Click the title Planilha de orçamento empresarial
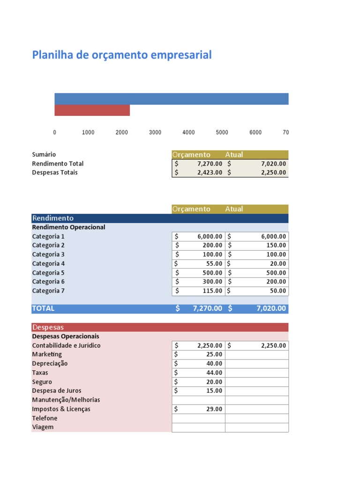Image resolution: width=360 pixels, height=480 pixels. pos(122,55)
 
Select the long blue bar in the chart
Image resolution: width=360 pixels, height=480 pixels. pos(171,99)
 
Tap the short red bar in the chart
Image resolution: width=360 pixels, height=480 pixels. pos(92,110)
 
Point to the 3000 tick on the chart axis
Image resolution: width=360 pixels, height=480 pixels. pos(155,133)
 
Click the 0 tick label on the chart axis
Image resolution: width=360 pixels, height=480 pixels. pos(55,133)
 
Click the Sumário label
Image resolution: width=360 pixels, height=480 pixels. pos(44,154)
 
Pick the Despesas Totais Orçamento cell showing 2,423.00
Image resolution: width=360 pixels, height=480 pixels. pos(199,172)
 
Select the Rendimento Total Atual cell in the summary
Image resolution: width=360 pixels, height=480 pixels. pos(257,164)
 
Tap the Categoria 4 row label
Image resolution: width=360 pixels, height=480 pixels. pos(48,263)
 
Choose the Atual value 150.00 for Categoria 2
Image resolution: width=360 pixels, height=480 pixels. pos(257,245)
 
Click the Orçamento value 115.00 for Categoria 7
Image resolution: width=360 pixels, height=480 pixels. pos(199,291)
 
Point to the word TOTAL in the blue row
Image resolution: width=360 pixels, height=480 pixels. pos(43,308)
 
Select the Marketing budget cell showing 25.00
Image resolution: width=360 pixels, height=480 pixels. pos(199,354)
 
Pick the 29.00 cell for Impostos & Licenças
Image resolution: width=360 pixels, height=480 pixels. pos(199,409)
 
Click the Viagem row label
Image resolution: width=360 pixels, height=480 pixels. pos(43,427)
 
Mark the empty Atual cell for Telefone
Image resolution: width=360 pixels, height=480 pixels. pos(257,418)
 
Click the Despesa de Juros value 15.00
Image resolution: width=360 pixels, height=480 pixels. pos(199,391)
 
